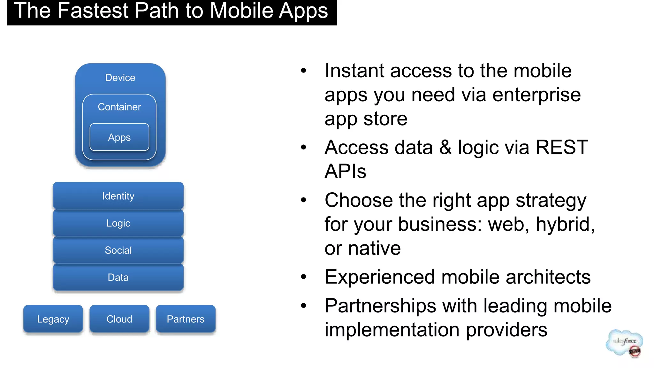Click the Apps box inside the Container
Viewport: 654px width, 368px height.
point(119,137)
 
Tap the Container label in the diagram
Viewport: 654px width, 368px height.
point(119,107)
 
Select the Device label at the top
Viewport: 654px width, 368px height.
point(120,78)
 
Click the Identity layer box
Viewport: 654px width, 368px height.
point(118,196)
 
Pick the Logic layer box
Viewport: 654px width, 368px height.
point(118,223)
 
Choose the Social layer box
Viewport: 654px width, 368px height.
point(118,250)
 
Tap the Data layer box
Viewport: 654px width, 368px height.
point(118,277)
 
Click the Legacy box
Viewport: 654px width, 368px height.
point(53,319)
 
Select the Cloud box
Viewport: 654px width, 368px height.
point(119,319)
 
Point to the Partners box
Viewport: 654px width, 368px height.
point(186,319)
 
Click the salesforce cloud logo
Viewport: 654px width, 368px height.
point(624,343)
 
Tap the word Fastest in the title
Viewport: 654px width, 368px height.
point(93,11)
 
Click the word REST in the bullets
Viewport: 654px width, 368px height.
point(561,147)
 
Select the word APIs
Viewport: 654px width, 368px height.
point(345,171)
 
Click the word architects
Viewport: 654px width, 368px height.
point(548,277)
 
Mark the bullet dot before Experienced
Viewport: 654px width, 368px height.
point(303,277)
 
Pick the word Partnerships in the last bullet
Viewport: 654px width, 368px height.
point(380,306)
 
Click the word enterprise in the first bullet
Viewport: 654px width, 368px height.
point(536,95)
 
